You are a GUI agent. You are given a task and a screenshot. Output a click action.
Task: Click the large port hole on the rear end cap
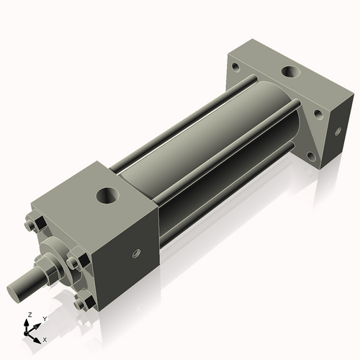292,72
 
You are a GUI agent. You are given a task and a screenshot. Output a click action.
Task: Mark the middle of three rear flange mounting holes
318,113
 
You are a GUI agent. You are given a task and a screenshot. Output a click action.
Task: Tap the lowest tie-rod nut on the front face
78,304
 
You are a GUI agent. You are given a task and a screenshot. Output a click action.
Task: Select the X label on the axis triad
45,338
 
